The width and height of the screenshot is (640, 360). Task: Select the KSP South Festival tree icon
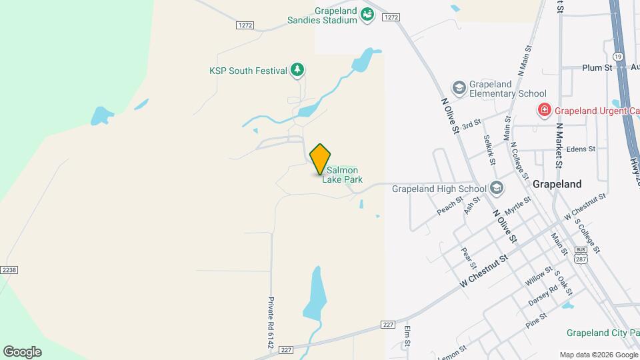tap(297, 69)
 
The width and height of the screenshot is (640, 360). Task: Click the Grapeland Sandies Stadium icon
tap(367, 14)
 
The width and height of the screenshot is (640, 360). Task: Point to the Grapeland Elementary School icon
tap(459, 88)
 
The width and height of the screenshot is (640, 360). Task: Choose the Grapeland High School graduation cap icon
tap(496, 188)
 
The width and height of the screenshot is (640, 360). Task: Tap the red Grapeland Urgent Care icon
tap(545, 110)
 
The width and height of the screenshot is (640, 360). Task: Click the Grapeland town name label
tap(557, 184)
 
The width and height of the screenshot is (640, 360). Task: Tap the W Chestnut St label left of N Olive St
tap(483, 270)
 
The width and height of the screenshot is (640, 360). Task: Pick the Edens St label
tap(581, 149)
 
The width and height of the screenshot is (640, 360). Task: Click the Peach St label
tap(450, 205)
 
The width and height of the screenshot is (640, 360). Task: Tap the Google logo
tap(22, 351)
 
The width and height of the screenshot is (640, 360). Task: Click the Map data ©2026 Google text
tap(598, 354)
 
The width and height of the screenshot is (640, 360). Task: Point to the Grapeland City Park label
tap(603, 333)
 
